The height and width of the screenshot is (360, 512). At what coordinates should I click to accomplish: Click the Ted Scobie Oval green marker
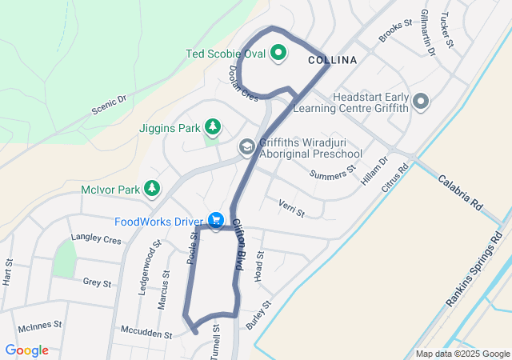point(278,54)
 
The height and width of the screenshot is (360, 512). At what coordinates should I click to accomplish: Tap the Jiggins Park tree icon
point(212,126)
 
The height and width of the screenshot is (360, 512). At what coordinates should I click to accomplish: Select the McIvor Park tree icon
point(151,188)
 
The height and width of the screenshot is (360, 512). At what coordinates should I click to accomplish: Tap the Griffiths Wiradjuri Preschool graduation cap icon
point(246,146)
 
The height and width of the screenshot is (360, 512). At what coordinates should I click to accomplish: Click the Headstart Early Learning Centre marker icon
point(422,101)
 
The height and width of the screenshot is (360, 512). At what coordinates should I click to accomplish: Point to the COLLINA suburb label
point(331,60)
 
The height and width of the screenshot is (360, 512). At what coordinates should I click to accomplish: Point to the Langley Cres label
point(96,239)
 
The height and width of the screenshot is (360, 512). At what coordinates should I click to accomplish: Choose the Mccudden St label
point(146,330)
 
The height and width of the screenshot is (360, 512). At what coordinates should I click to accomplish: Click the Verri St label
point(291,209)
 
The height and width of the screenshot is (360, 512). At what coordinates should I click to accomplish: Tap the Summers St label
point(337,170)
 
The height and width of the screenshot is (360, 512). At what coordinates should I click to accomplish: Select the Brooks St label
point(394,31)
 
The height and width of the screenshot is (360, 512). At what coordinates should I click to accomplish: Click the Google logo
point(27,350)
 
